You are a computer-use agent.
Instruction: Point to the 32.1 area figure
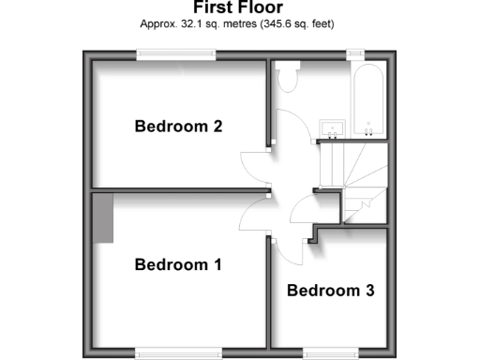[206, 22]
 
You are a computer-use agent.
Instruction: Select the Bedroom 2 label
[178, 126]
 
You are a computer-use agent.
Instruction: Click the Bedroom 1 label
[178, 264]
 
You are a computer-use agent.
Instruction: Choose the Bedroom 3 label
[331, 291]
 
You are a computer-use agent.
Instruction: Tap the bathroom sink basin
[330, 127]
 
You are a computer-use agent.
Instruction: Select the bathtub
[367, 101]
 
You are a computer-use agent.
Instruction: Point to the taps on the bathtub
[368, 126]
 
